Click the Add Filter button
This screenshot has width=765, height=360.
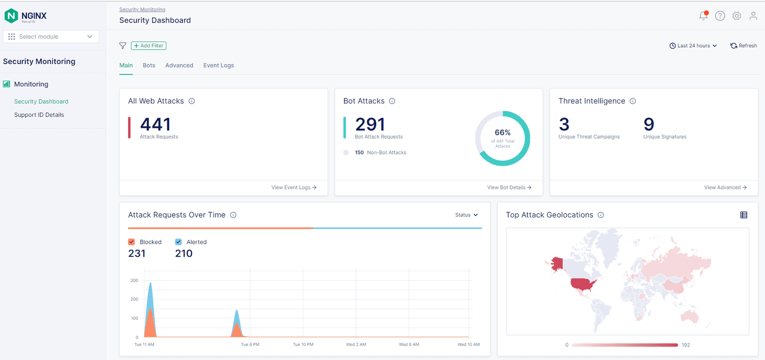(x=149, y=46)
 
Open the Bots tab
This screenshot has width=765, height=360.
(x=149, y=65)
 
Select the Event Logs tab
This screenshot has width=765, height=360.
(x=219, y=65)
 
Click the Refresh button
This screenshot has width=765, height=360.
(x=743, y=46)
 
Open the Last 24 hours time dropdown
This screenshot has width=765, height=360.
(x=693, y=46)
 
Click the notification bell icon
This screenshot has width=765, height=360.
(x=703, y=16)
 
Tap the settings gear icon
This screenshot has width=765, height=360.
(x=737, y=16)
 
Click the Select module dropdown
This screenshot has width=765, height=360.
(x=51, y=37)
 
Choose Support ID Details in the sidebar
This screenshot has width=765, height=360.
(x=39, y=115)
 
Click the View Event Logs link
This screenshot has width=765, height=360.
(x=294, y=187)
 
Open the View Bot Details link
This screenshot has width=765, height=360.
(x=509, y=187)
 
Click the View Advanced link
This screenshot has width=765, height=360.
(x=725, y=187)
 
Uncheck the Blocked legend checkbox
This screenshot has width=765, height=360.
(x=131, y=242)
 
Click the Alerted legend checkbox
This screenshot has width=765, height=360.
(x=178, y=242)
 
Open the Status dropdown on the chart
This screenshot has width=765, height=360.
(x=466, y=215)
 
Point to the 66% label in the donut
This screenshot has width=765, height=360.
(x=503, y=132)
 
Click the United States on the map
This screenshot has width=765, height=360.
(x=583, y=285)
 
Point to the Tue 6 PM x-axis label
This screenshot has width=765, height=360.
(x=250, y=344)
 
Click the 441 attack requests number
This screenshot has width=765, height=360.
(x=155, y=125)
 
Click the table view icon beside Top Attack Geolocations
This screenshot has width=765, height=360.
(x=743, y=215)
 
